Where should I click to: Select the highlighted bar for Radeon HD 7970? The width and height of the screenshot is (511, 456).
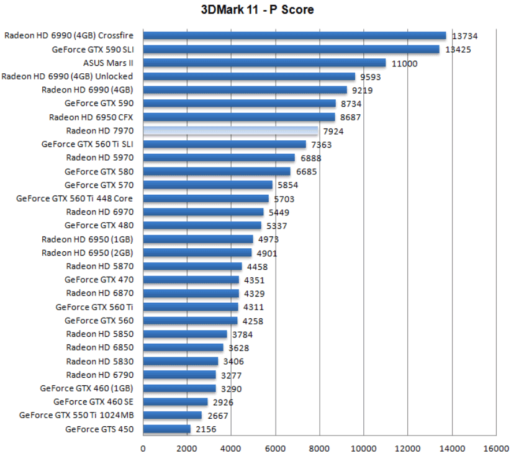pos(230,131)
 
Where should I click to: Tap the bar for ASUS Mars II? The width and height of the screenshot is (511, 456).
pos(265,63)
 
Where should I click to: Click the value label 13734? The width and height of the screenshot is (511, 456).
pos(464,36)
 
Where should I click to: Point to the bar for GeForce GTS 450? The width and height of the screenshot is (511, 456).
pos(167,429)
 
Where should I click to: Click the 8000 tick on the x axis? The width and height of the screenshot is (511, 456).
pos(319,449)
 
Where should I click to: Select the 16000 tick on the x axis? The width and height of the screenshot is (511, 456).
pos(495,449)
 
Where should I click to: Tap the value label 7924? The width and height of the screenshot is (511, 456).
pos(333,131)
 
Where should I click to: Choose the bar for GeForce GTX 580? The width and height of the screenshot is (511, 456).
pos(217,172)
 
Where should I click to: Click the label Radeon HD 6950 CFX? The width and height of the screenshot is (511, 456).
pos(91,117)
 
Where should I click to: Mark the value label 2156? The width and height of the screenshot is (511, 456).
pos(206,429)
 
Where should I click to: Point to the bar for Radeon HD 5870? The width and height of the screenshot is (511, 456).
pos(192,267)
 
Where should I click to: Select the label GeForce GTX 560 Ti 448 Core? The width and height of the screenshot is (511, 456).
pos(75,199)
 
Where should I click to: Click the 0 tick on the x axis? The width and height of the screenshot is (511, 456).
pos(143,449)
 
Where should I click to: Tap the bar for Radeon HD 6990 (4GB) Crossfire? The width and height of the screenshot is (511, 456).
pos(295,36)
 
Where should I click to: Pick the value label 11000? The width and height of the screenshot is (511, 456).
pos(404,63)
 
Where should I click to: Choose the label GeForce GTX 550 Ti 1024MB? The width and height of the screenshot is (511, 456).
pos(76,416)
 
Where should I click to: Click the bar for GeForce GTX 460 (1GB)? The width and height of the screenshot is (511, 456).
pos(179,388)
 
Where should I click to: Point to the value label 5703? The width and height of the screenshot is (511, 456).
pos(284,199)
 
